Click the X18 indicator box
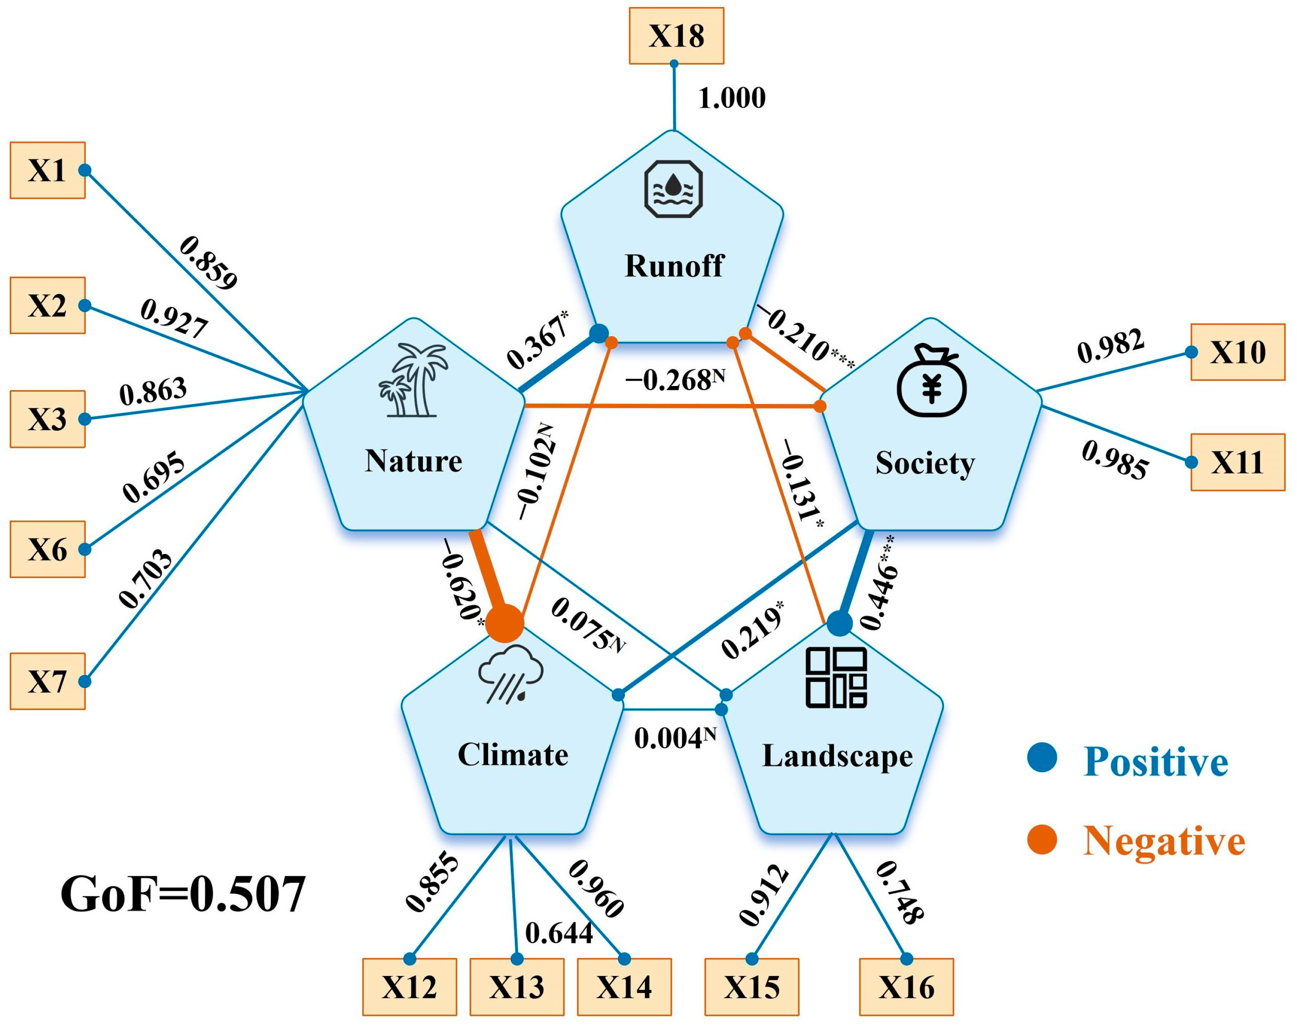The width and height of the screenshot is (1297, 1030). pos(676,36)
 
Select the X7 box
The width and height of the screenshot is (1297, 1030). pos(47,682)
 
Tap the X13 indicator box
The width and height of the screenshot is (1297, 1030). pos(517,986)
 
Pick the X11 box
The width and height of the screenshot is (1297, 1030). pos(1238,462)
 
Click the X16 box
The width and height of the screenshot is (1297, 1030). pos(906,986)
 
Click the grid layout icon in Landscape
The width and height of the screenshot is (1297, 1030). pos(836,677)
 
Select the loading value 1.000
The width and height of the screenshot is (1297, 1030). pos(732,98)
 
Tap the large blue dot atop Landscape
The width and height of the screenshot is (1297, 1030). pos(840,624)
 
